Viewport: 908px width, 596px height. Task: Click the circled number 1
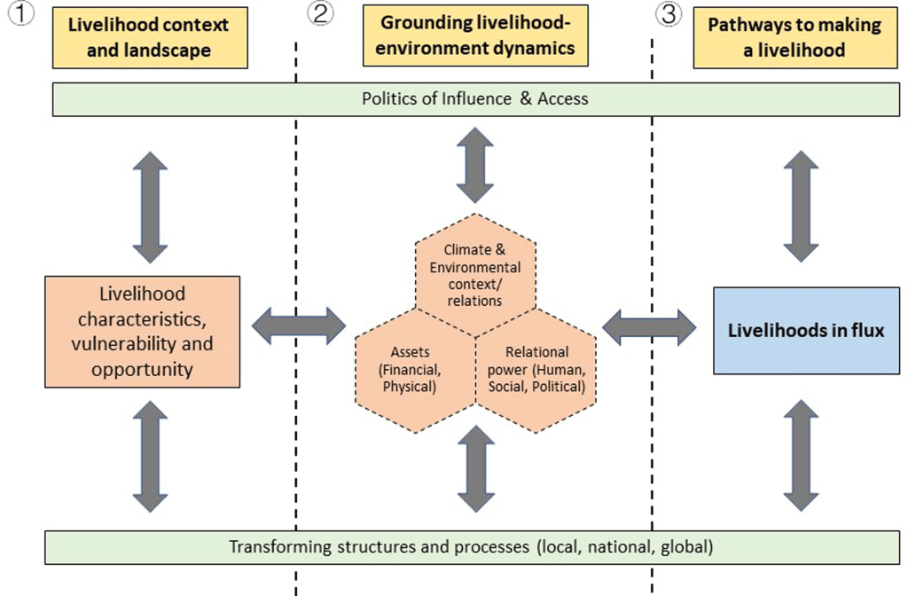tap(20, 13)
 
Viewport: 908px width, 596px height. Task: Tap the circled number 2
tap(320, 13)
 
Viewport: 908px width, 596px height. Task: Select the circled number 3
tap(667, 13)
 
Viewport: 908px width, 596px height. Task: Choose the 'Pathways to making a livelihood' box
tap(794, 38)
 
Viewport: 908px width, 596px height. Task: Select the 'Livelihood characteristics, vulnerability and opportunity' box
tap(142, 331)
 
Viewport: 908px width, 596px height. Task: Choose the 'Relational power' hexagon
tap(536, 370)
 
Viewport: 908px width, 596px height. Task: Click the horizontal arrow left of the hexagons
tap(298, 326)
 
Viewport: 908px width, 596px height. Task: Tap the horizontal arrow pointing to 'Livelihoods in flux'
tap(649, 326)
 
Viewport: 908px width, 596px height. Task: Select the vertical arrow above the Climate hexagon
tap(475, 165)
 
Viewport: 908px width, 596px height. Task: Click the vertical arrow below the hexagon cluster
tap(475, 468)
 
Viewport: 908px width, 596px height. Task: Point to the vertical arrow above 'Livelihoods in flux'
tap(801, 206)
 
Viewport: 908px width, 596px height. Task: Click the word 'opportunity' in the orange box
tap(142, 369)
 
